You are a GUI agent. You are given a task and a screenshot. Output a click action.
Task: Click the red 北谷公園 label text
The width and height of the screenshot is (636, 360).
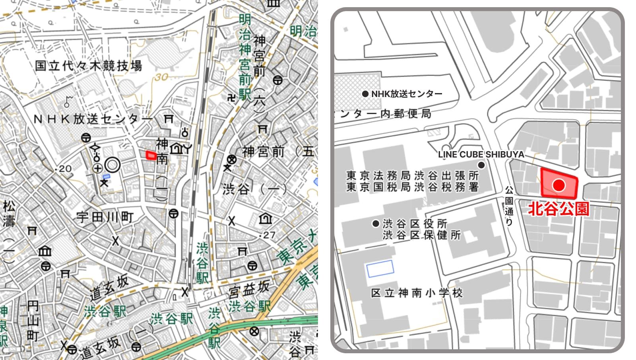tap(558, 209)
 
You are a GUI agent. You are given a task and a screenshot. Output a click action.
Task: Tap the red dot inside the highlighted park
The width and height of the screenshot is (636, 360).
tap(559, 185)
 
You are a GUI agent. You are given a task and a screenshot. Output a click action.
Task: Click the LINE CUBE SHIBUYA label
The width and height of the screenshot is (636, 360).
tap(481, 154)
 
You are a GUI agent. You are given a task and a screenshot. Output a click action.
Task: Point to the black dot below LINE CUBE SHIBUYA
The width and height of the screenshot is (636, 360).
tap(481, 165)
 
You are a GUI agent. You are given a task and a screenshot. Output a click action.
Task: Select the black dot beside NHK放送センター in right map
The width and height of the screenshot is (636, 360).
tap(365, 94)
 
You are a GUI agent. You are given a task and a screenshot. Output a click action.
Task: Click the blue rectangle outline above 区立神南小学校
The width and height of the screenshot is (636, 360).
tap(380, 269)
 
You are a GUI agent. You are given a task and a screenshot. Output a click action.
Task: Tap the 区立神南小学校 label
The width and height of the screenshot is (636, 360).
tap(417, 293)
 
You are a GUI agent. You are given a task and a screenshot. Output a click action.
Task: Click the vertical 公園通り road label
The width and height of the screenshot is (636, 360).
tap(509, 206)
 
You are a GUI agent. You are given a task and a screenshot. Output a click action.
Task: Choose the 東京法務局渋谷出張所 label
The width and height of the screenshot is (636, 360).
tap(412, 175)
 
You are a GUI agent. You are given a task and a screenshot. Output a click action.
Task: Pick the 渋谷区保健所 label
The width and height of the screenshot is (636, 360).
tap(421, 235)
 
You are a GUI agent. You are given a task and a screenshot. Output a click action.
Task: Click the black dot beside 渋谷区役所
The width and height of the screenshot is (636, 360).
tap(375, 224)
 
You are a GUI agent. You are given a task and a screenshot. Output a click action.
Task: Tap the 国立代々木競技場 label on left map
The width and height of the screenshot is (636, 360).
tap(88, 66)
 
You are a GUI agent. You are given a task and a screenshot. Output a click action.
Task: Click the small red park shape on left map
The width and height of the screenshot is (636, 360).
tap(151, 155)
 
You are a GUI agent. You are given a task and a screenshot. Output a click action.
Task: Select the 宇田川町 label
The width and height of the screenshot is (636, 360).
tap(105, 217)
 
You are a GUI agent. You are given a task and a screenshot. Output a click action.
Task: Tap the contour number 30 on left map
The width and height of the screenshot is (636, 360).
tap(162, 77)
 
